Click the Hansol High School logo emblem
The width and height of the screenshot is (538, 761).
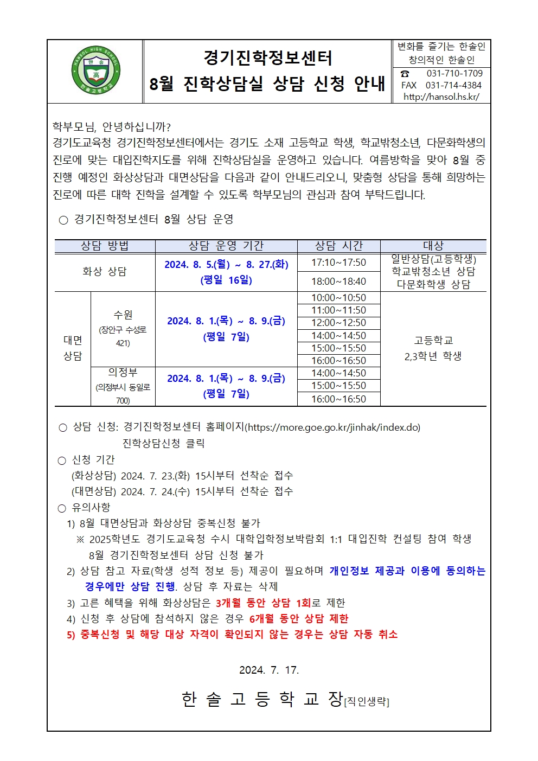(95, 71)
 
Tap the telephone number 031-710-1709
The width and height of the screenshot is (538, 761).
(454, 73)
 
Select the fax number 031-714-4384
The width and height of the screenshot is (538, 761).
(453, 85)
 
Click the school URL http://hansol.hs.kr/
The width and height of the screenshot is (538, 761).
(441, 97)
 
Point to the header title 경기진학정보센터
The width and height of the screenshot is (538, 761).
(267, 58)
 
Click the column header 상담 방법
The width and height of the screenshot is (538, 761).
(105, 246)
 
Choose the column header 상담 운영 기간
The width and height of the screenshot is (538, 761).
(226, 246)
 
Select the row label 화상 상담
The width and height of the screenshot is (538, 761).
(105, 272)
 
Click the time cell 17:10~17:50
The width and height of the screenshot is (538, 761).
(338, 263)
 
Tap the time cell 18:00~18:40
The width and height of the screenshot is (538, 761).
(338, 282)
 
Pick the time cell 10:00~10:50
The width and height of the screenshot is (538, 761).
(338, 298)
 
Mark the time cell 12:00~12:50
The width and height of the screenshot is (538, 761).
(338, 323)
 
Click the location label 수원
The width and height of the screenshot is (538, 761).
(123, 315)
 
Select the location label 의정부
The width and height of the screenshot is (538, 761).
(123, 373)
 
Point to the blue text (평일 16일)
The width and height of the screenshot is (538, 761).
(226, 280)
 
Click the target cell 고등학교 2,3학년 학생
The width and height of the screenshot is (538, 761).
(433, 348)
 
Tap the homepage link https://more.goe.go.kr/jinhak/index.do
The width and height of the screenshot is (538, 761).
(333, 427)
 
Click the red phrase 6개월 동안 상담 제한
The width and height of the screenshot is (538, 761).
(299, 619)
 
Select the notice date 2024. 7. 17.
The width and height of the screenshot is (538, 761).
(269, 670)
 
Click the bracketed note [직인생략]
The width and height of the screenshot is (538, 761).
(367, 702)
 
